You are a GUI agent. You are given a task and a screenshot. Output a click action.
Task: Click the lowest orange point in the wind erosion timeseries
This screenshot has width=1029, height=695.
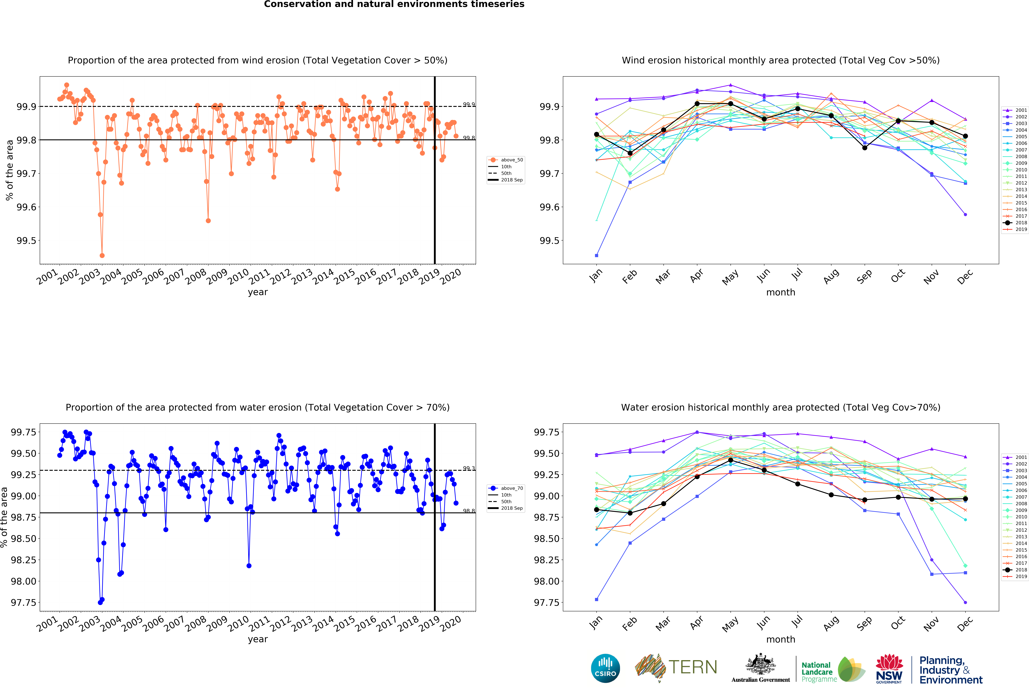click(x=102, y=255)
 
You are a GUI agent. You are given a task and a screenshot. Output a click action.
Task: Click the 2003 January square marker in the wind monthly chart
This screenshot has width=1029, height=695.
click(x=596, y=255)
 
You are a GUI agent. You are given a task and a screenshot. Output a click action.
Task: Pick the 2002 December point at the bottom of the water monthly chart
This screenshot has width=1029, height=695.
click(x=965, y=603)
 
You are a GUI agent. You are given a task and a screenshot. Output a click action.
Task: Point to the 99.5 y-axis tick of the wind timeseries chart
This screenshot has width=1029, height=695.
click(x=26, y=241)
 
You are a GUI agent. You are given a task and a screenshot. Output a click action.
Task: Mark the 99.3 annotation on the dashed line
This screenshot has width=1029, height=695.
click(x=469, y=468)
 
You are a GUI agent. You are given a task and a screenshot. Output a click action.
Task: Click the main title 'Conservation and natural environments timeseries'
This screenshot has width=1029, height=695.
click(x=394, y=4)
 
